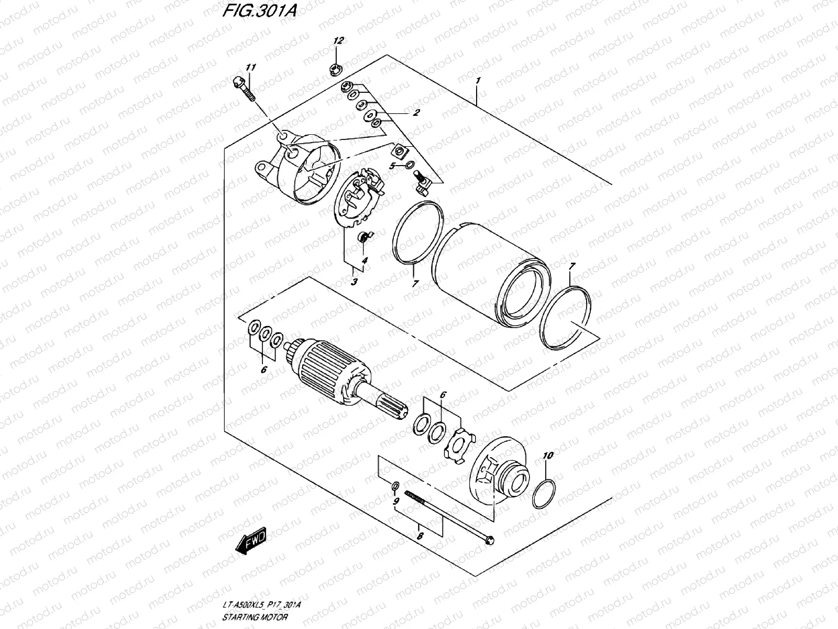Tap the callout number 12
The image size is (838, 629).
pos(338,41)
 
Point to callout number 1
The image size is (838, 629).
pos(478,81)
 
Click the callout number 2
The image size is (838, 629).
pos(416,113)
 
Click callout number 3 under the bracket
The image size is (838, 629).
pos(354,282)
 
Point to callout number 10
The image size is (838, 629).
pos(547,456)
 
